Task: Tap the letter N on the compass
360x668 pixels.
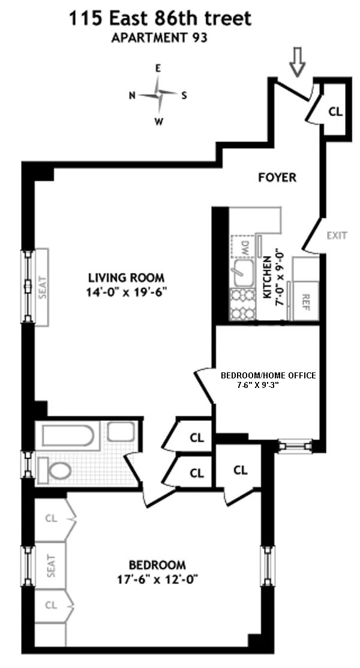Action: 132,95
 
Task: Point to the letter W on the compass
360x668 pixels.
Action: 158,121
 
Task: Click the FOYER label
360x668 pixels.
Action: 277,177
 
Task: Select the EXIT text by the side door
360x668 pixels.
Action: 337,235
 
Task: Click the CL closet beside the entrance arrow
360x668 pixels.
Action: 335,111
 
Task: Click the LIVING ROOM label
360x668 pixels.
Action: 126,278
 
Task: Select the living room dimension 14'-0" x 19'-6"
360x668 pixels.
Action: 126,292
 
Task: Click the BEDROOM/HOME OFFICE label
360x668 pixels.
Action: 268,375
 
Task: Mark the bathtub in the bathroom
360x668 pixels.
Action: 67,434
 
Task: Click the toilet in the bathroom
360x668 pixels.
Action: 58,470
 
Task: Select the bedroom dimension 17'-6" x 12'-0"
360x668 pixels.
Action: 157,579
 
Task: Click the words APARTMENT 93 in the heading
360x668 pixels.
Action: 159,40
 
